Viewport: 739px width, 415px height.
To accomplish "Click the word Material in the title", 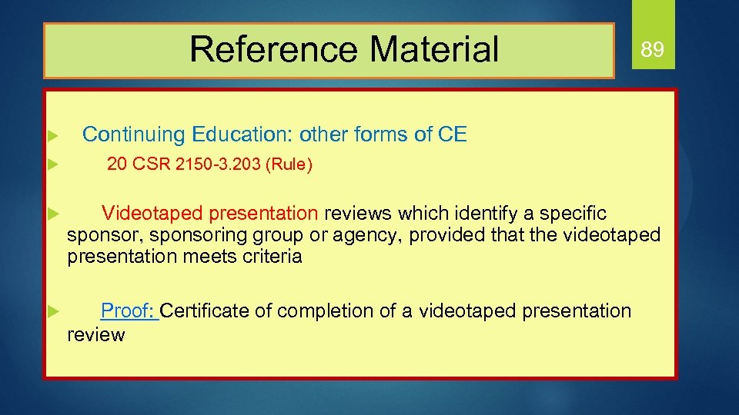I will pos(434,50).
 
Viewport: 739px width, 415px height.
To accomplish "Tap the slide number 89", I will pos(652,51).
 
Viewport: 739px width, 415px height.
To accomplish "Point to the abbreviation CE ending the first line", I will pos(452,135).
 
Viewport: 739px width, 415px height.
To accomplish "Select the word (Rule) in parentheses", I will pos(288,165).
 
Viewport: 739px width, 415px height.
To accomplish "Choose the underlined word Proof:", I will pos(129,311).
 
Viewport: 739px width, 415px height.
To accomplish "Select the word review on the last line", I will pos(95,335).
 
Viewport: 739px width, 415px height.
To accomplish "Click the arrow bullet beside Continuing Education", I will pos(52,136).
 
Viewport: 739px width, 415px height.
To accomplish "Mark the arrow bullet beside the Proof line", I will pos(52,311).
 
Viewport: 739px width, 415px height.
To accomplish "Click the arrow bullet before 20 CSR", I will pos(52,164).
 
